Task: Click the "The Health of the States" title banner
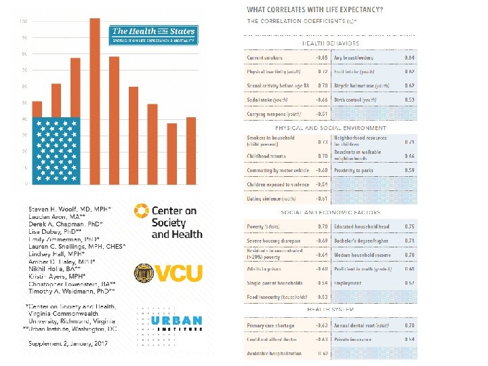point(153,35)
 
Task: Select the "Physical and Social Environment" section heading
point(330,127)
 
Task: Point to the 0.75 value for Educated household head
point(409,226)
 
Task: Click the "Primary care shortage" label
point(270,325)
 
